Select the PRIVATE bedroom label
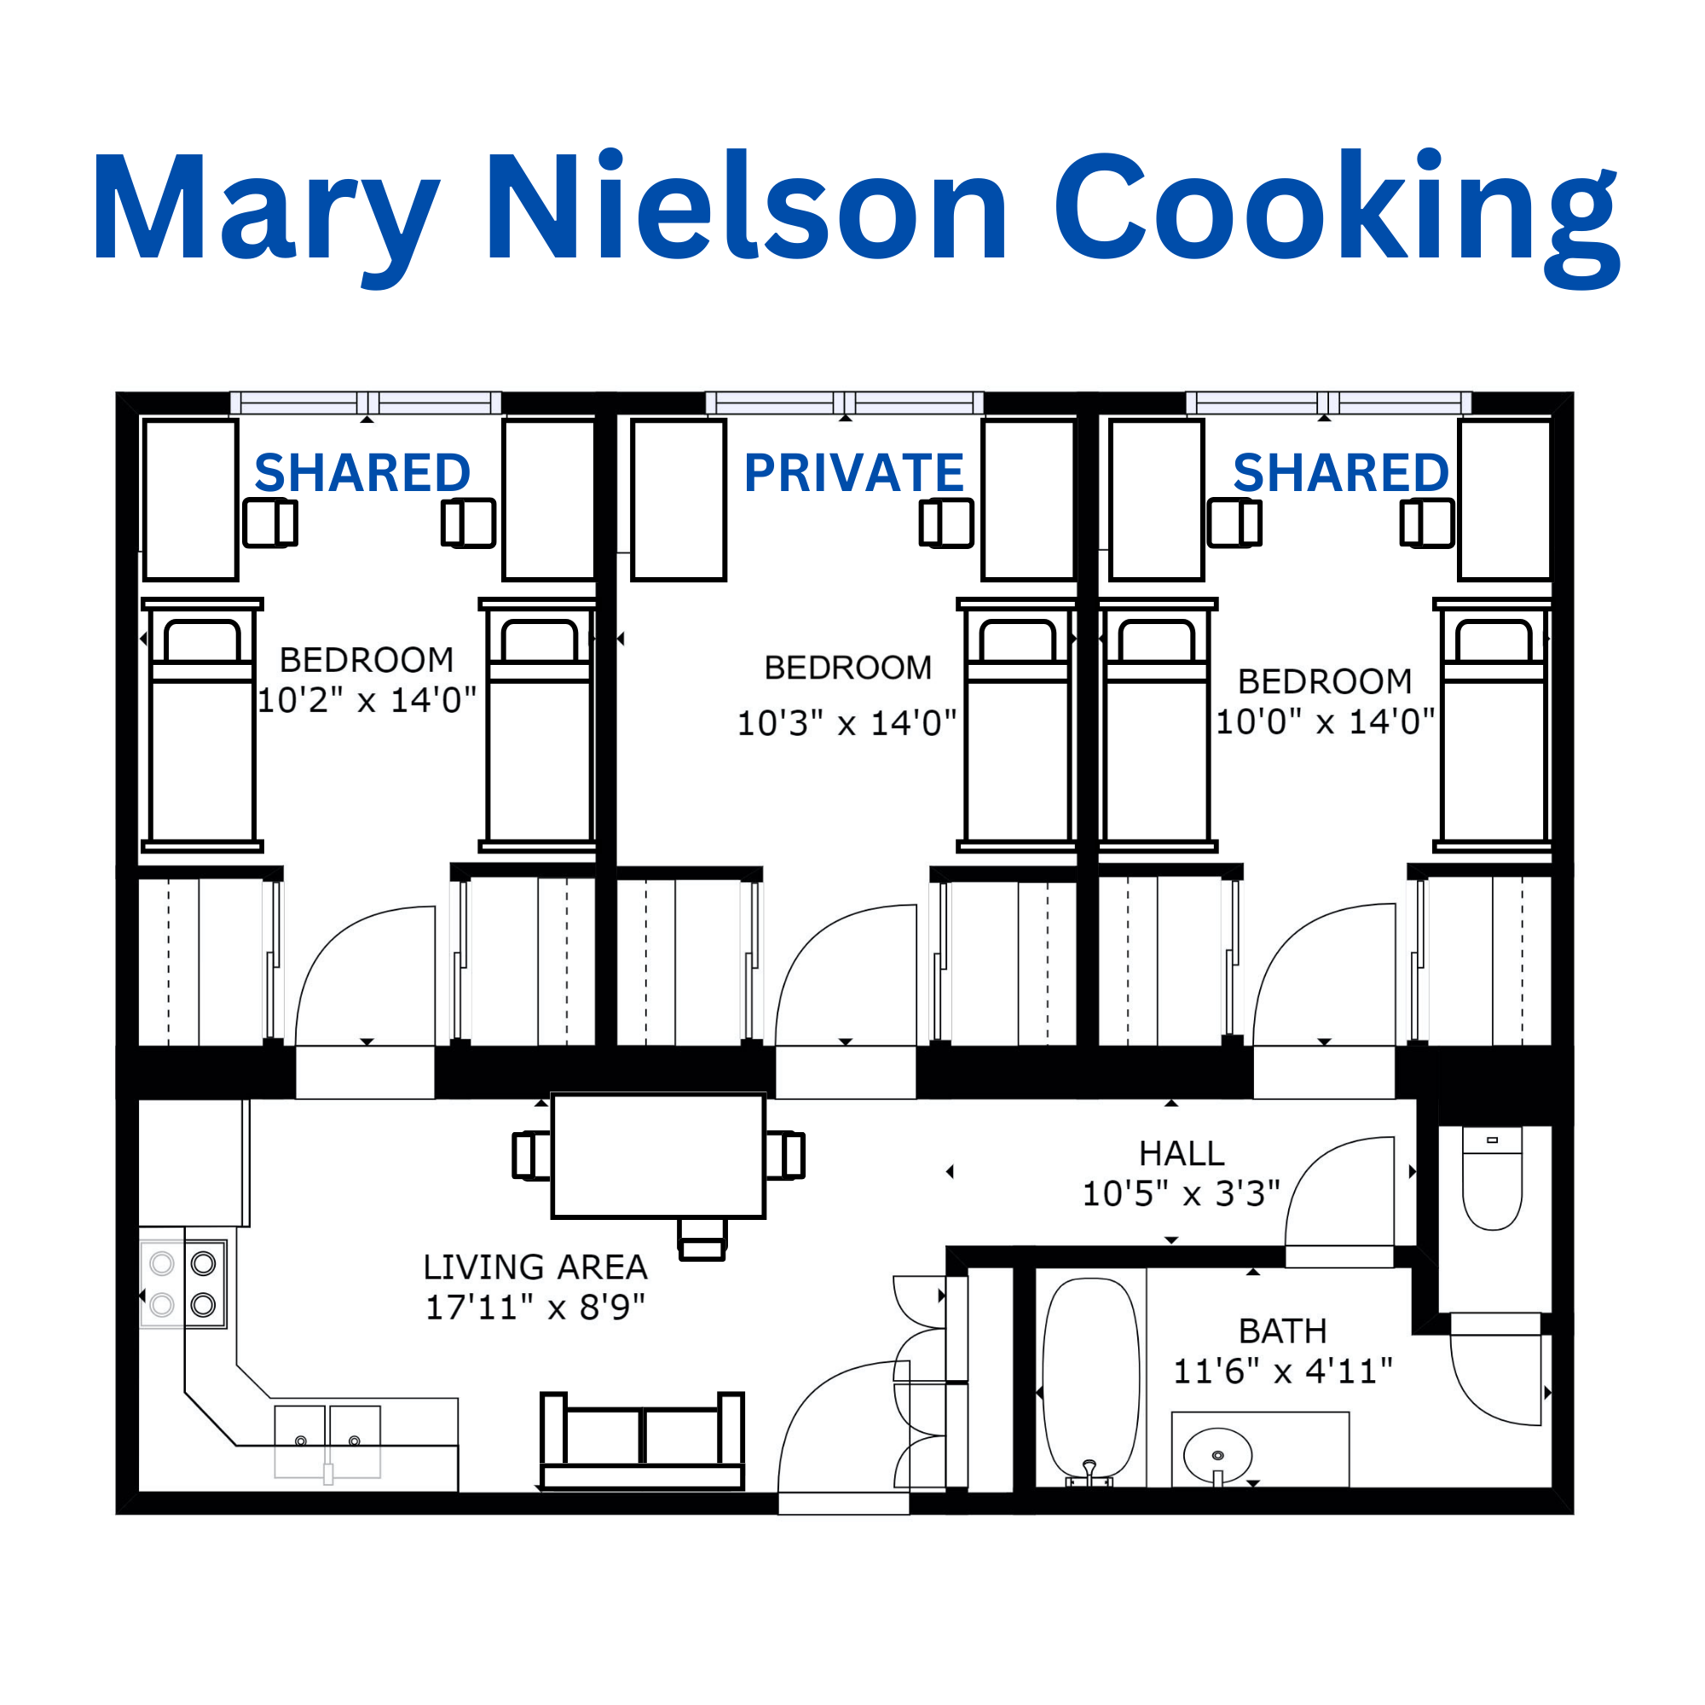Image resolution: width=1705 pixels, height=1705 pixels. (853, 472)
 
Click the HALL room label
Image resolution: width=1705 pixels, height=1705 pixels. (1182, 1153)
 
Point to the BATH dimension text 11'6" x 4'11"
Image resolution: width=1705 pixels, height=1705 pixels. (1282, 1372)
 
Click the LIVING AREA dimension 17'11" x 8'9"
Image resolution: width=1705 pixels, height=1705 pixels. (535, 1307)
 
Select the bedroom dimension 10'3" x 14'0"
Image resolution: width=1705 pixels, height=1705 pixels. (847, 723)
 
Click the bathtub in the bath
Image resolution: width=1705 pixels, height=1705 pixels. (1091, 1379)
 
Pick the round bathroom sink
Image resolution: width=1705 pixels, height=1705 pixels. (1217, 1455)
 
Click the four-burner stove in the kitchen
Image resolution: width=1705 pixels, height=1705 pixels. (183, 1284)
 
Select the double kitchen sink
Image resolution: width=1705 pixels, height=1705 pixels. (327, 1441)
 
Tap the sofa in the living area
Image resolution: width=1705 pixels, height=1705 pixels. (642, 1441)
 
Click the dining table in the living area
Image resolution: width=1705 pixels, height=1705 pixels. (658, 1155)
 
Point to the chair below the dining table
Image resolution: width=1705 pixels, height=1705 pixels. (702, 1239)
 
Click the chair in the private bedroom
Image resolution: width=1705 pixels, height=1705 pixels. (946, 523)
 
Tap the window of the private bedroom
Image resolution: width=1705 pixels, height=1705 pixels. (845, 403)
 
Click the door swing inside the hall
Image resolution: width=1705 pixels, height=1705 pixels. (1339, 1193)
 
